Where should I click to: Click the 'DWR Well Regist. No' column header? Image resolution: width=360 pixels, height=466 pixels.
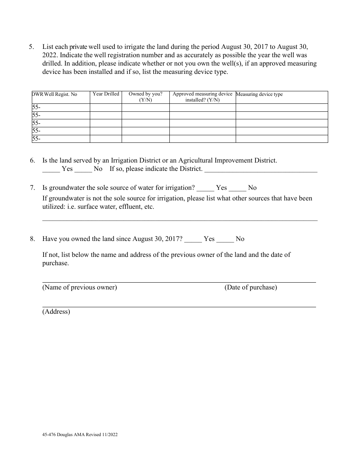click(55, 94)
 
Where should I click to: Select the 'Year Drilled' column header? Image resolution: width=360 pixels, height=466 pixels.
click(106, 94)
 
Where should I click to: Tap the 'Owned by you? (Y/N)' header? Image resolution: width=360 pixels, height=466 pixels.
click(146, 97)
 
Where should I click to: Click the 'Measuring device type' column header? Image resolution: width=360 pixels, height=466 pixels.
click(260, 94)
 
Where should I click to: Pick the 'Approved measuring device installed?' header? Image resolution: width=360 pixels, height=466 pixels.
click(202, 97)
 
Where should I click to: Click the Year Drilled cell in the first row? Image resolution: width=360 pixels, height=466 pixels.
click(106, 108)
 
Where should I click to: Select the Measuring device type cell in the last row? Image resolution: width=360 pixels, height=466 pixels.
click(282, 139)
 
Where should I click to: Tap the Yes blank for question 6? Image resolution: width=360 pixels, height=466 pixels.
click(51, 169)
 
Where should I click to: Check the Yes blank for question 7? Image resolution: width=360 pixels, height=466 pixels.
click(205, 188)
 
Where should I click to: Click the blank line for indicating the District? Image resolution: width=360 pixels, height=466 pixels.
click(261, 170)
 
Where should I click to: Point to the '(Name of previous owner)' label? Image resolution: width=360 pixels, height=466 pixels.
click(80, 287)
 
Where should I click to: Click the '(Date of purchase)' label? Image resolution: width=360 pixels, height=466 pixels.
click(250, 287)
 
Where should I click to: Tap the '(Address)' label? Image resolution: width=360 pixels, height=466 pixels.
click(56, 311)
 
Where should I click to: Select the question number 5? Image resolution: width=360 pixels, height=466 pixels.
click(31, 47)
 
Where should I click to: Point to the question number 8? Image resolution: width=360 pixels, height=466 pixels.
click(33, 239)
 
